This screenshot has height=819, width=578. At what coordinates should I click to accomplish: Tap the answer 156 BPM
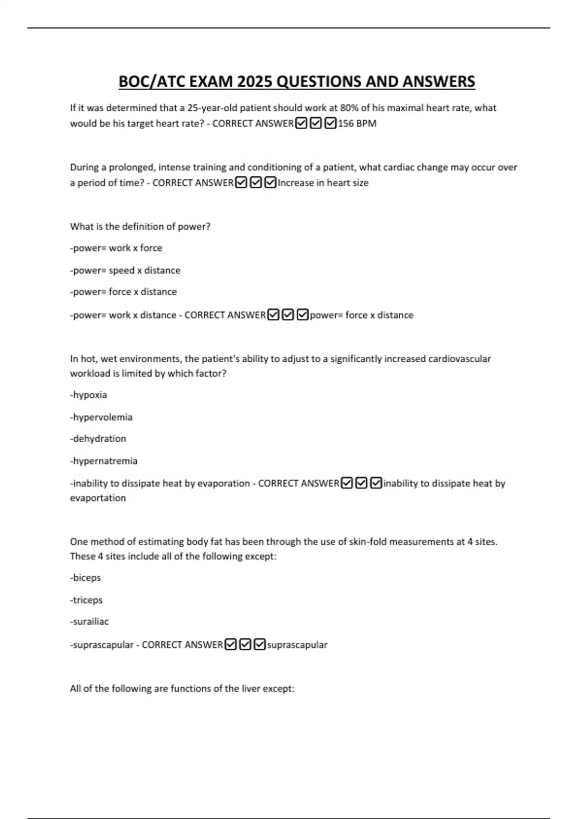[357, 123]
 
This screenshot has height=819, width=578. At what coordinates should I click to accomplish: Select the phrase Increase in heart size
[323, 183]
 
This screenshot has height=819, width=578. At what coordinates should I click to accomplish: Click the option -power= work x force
[116, 248]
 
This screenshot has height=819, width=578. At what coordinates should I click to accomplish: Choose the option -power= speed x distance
[125, 270]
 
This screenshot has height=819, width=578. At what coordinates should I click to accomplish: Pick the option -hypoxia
[89, 395]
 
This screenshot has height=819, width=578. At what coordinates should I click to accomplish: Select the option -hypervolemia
[101, 417]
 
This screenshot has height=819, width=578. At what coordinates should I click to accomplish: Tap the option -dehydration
[98, 439]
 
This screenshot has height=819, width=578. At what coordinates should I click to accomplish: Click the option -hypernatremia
[104, 461]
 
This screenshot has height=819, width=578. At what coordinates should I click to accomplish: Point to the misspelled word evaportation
[98, 498]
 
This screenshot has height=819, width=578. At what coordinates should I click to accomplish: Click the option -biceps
[86, 578]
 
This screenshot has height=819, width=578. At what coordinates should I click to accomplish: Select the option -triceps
[87, 600]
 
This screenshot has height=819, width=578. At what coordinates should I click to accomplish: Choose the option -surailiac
[90, 622]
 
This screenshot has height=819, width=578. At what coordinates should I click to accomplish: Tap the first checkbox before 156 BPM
[301, 123]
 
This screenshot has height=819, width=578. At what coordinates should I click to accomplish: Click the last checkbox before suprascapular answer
[260, 645]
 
